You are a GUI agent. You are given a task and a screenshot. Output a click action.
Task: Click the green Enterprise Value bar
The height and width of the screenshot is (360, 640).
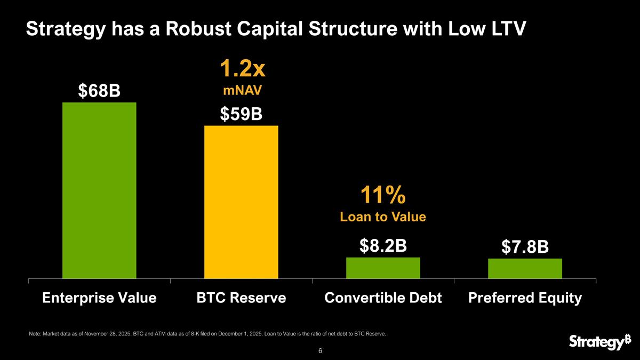(99, 190)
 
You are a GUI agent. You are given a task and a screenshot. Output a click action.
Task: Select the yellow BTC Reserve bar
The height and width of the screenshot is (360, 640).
(241, 202)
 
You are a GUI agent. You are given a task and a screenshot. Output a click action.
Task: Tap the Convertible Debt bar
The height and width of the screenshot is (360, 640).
(383, 268)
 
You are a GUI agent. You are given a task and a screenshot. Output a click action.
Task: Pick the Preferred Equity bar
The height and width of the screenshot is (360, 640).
(525, 268)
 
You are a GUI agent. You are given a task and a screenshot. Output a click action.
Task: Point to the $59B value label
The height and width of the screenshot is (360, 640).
(241, 114)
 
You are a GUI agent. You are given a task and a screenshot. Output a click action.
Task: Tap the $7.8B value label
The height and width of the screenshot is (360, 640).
(525, 247)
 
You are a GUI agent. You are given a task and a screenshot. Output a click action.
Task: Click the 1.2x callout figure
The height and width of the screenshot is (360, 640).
(242, 69)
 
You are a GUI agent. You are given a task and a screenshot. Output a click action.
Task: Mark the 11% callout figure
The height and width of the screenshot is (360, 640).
(383, 196)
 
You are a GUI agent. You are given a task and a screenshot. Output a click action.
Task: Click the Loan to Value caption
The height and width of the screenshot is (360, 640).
(383, 217)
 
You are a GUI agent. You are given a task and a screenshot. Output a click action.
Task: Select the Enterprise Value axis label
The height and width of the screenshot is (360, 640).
(99, 298)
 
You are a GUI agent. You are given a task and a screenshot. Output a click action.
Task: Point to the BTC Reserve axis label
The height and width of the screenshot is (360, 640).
(241, 298)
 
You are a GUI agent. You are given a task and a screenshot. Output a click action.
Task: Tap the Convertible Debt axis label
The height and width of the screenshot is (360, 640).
(383, 298)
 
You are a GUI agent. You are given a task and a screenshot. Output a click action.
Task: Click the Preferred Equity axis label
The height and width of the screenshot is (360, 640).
(525, 298)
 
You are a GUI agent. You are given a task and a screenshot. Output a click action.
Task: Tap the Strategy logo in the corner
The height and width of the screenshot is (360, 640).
(596, 342)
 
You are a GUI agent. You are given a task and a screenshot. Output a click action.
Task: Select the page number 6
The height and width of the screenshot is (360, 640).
(320, 351)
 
